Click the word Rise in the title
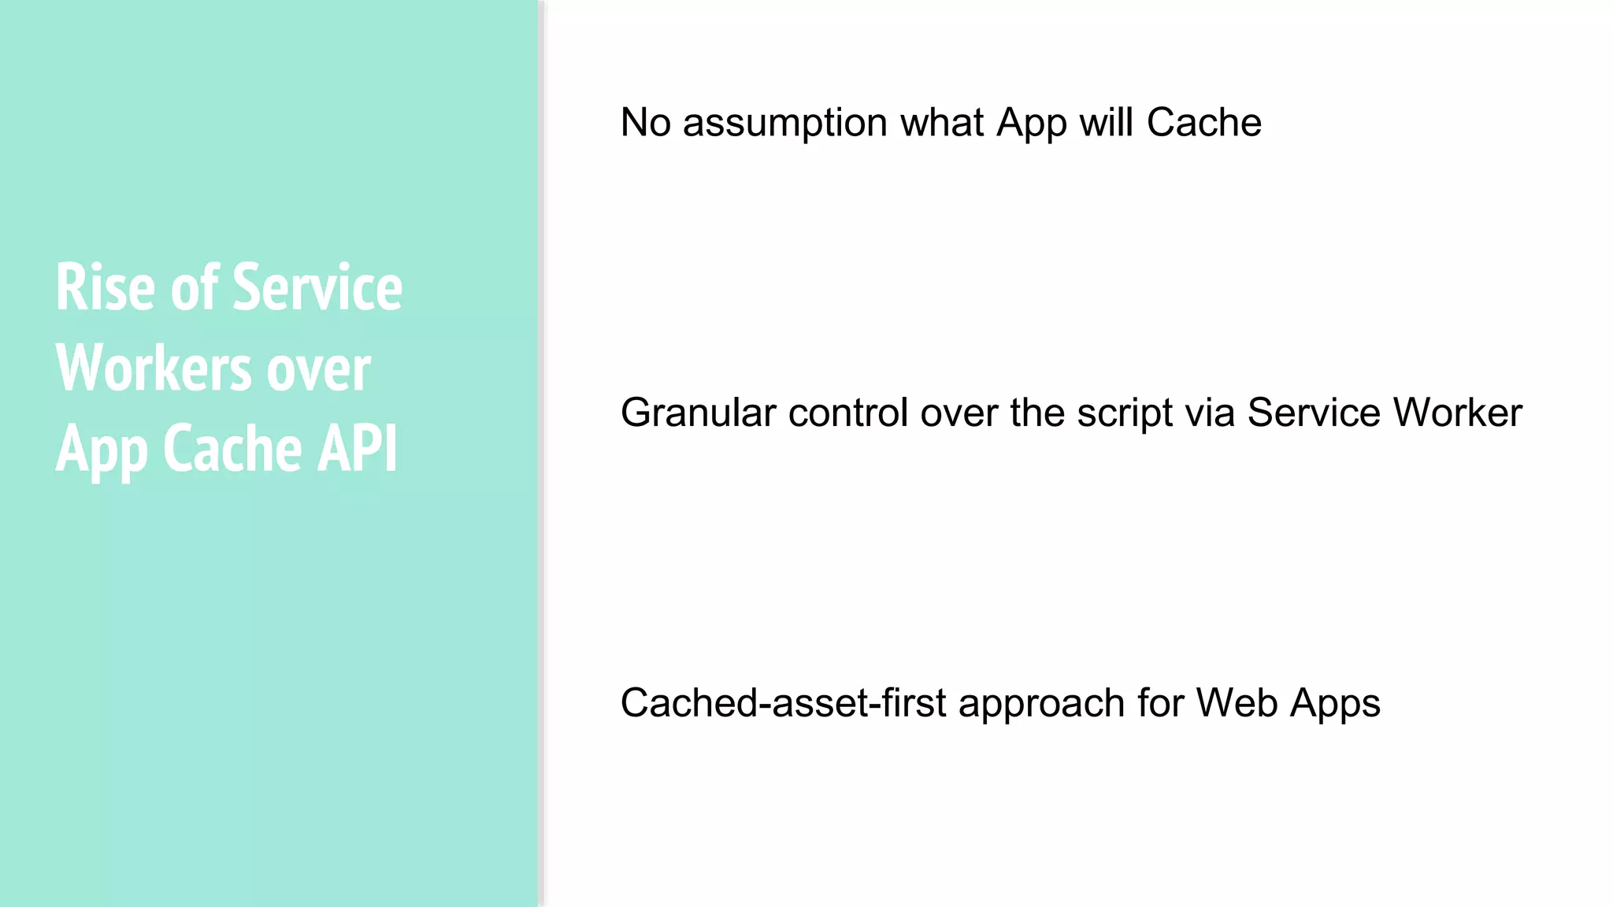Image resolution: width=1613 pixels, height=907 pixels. [x=105, y=288]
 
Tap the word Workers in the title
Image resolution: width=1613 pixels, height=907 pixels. [x=153, y=368]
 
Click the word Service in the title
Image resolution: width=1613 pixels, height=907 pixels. [x=317, y=288]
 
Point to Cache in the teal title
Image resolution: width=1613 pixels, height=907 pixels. [x=232, y=449]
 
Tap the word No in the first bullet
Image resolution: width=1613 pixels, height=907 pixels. [x=645, y=123]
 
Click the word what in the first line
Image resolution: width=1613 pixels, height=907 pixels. [x=942, y=123]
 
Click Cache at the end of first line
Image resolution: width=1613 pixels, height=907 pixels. [x=1203, y=123]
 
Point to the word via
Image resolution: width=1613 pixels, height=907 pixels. [x=1210, y=413]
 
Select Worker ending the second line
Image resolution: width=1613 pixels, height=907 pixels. [x=1457, y=413]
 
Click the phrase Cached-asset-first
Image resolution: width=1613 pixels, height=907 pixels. [x=783, y=703]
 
